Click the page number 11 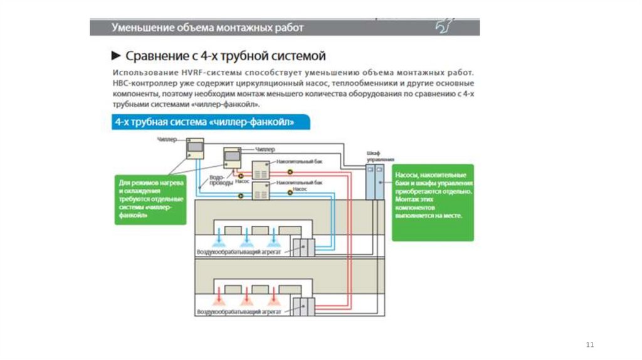tap(589, 346)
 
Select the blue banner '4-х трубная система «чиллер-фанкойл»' tap(204, 122)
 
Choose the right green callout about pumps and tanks tap(432, 203)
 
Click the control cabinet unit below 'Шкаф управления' tap(376, 182)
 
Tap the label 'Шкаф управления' tap(376, 156)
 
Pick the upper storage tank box tap(260, 170)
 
